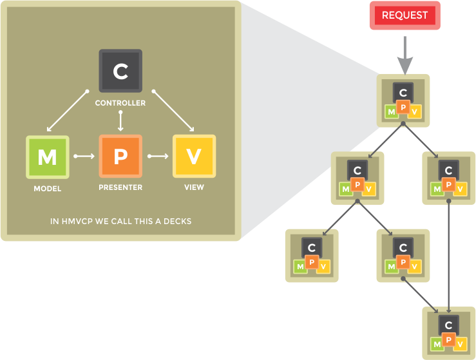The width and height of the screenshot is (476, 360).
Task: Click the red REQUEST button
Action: (x=405, y=15)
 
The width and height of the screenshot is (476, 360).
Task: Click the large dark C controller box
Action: (x=120, y=71)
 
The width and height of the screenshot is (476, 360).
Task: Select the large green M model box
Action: (x=48, y=157)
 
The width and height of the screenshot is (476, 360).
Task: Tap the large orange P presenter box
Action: (x=120, y=156)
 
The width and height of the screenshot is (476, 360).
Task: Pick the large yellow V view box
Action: (x=195, y=156)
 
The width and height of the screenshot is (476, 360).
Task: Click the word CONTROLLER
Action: (x=120, y=103)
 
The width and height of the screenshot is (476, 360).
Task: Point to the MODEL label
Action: (x=48, y=189)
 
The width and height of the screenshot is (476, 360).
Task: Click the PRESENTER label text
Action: (x=120, y=187)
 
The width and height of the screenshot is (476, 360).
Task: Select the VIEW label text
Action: (x=195, y=187)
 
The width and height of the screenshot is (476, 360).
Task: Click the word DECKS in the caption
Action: (x=178, y=222)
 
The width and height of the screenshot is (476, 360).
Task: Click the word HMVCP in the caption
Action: (x=77, y=222)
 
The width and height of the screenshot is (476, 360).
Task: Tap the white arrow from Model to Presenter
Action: (x=84, y=156)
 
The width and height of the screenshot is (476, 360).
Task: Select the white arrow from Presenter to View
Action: (x=158, y=156)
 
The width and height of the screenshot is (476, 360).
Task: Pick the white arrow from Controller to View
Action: (x=173, y=111)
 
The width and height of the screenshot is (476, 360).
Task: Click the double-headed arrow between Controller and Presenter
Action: (x=120, y=121)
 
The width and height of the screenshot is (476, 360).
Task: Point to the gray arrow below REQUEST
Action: (x=405, y=55)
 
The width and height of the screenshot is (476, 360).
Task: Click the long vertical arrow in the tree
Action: (x=449, y=257)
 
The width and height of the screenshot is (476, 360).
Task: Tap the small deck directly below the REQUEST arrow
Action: (x=403, y=100)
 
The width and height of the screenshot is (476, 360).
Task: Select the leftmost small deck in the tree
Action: (x=312, y=256)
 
